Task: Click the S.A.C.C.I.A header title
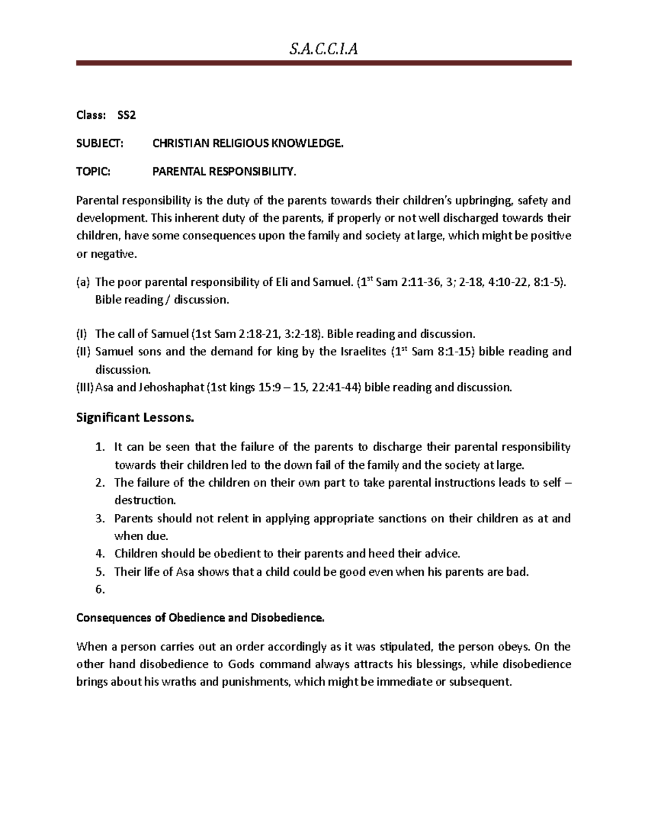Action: pos(323,50)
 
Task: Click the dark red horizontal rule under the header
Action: pos(323,63)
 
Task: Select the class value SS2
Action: pos(126,115)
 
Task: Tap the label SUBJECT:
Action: pos(100,143)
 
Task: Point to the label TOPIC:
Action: pos(93,172)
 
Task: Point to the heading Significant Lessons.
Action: pos(135,418)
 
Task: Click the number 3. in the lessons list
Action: pos(100,519)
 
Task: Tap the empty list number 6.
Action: pos(100,589)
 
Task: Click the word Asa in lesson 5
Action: pos(185,572)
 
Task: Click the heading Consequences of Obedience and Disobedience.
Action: pos(200,617)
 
